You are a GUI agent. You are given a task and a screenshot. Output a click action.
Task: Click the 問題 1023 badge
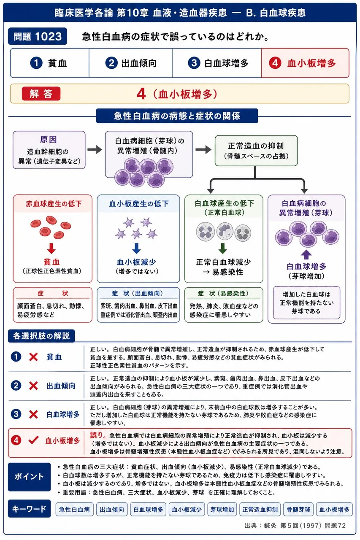pyautogui.click(x=38, y=36)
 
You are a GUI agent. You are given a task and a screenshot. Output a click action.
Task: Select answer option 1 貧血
pyautogui.click(x=50, y=63)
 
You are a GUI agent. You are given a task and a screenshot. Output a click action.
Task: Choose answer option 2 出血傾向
pyautogui.click(x=131, y=63)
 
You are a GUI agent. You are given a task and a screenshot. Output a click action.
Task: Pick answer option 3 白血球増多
pyautogui.click(x=217, y=63)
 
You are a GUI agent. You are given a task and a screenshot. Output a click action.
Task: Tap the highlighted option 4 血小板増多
pyautogui.click(x=305, y=63)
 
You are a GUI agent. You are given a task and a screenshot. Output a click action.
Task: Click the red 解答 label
pyautogui.click(x=41, y=94)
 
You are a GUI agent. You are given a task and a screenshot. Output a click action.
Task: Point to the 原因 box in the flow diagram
pyautogui.click(x=49, y=150)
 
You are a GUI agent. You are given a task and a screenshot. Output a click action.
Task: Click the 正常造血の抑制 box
pyautogui.click(x=256, y=151)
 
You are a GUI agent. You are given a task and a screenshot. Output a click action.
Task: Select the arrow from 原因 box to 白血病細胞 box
pyautogui.click(x=95, y=149)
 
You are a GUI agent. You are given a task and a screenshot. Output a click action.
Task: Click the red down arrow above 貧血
pyautogui.click(x=51, y=248)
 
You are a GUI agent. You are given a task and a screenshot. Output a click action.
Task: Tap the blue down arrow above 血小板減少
pyautogui.click(x=136, y=248)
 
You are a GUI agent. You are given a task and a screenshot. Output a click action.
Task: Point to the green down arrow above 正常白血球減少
pyautogui.click(x=222, y=248)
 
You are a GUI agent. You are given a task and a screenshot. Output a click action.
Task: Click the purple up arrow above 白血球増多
pyautogui.click(x=306, y=254)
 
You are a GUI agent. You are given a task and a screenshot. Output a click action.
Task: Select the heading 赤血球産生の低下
pyautogui.click(x=54, y=204)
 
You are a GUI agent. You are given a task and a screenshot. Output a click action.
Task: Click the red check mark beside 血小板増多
pyautogui.click(x=33, y=440)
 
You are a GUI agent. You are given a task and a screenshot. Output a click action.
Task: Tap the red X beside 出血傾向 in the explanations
pyautogui.click(x=33, y=386)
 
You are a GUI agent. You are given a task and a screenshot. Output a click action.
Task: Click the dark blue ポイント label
pyautogui.click(x=29, y=477)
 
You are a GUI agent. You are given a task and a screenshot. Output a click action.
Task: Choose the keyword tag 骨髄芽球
pyautogui.click(x=298, y=509)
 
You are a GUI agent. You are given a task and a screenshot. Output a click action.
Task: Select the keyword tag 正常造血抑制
pyautogui.click(x=260, y=509)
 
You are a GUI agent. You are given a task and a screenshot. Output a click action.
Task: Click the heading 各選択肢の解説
pyautogui.click(x=41, y=335)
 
